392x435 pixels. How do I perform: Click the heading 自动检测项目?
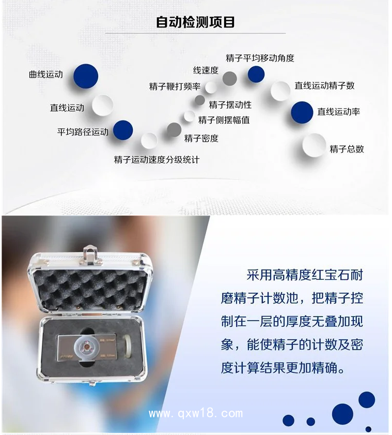[x=196, y=22]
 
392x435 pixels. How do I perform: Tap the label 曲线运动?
[x=45, y=74]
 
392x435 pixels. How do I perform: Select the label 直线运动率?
[x=338, y=112]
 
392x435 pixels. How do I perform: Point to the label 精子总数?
[x=347, y=149]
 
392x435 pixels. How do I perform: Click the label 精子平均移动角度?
[x=259, y=58]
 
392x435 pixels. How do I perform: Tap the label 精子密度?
[x=201, y=138]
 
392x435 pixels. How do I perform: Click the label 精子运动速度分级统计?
[x=156, y=160]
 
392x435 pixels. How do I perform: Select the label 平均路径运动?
[x=83, y=132]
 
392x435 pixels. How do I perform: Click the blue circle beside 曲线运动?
[x=86, y=76]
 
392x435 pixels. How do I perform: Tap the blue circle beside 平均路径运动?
[x=123, y=130]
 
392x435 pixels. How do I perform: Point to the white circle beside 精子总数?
[x=314, y=145]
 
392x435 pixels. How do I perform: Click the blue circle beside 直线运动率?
[x=302, y=112]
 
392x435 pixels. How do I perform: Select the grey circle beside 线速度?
[x=229, y=79]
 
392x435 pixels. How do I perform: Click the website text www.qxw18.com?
[x=195, y=413]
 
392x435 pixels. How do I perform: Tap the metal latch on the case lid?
[x=91, y=255]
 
